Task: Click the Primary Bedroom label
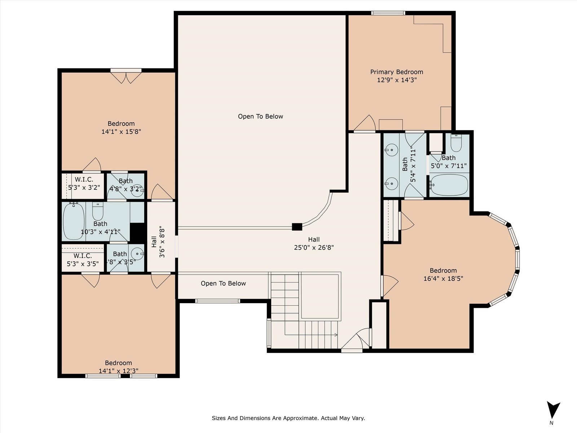tap(396, 72)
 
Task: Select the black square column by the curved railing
tap(297, 227)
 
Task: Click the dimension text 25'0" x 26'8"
tap(314, 248)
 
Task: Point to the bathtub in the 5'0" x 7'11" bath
tap(449, 185)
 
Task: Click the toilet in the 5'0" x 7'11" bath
tap(456, 143)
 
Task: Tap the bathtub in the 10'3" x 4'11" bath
tap(74, 221)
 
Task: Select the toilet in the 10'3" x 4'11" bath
tap(98, 211)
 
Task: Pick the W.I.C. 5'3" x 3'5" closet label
tap(83, 260)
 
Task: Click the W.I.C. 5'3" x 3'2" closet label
tap(84, 184)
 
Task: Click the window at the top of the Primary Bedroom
tap(388, 13)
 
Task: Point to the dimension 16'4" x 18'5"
tap(443, 279)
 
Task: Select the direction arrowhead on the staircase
tap(336, 335)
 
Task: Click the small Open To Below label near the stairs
tap(223, 283)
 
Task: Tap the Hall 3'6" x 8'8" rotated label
tap(158, 242)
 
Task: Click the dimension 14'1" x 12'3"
tap(119, 371)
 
